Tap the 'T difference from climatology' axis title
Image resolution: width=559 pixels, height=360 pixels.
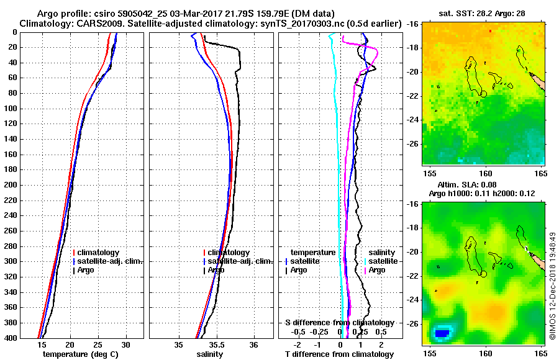pyautogui.click(x=339, y=354)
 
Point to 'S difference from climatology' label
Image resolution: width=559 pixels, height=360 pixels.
pyautogui.click(x=339, y=323)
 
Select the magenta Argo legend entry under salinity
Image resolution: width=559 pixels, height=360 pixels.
pyautogui.click(x=376, y=270)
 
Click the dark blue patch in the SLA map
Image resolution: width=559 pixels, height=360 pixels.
pyautogui.click(x=442, y=333)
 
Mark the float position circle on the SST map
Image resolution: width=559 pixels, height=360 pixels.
pyautogui.click(x=484, y=94)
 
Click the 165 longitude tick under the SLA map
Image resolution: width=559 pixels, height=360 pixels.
pyautogui.click(x=540, y=352)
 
